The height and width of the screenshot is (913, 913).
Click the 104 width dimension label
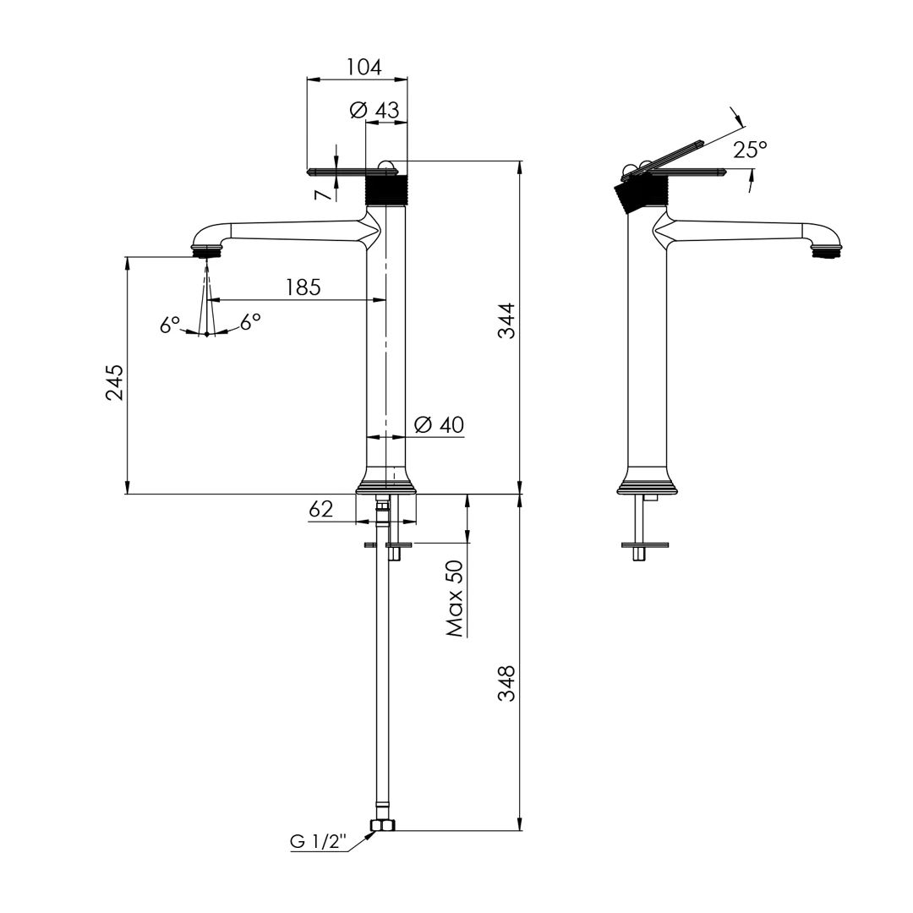point(364,67)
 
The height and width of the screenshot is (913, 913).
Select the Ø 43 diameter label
point(374,110)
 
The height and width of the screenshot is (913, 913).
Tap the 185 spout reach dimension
point(303,287)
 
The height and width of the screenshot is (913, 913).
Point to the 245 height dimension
point(114,382)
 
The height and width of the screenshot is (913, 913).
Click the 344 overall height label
point(506,320)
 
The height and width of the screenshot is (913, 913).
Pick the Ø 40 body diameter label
point(440,424)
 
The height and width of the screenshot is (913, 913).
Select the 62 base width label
point(321,509)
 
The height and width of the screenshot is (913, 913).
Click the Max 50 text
point(455,599)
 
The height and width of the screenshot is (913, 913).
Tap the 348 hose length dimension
point(506,683)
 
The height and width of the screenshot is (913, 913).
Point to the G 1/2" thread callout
point(319,842)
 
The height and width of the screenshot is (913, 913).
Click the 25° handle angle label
point(750,150)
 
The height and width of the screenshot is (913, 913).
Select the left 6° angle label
point(170,325)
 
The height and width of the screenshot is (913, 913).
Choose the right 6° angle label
point(250,322)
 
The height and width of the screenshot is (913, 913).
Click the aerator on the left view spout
point(207,250)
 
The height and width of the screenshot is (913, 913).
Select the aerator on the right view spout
point(827,250)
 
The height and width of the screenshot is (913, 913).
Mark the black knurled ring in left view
point(386,190)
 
